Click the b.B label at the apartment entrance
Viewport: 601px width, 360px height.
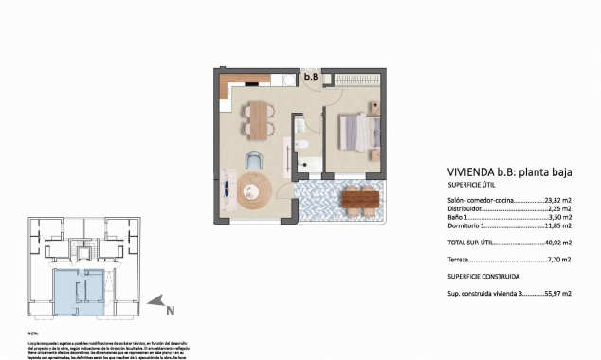pos(310,76)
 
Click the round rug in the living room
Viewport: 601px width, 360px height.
pos(254,191)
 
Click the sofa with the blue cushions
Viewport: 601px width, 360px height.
pos(230,188)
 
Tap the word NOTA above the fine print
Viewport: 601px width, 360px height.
pos(33,334)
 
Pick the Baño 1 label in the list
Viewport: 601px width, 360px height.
pos(459,218)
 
